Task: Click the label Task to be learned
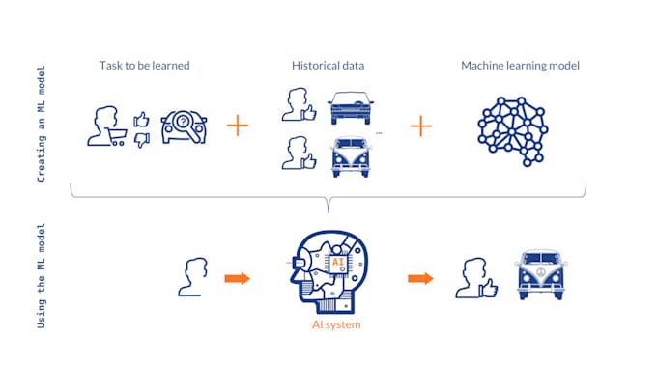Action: pos(144,66)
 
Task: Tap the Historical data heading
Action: pos(328,66)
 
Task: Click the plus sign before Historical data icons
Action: pos(237,126)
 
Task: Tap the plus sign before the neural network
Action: pos(420,126)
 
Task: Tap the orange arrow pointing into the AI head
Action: pos(237,279)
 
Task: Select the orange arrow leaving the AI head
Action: pos(420,279)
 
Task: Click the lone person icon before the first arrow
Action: pos(193,276)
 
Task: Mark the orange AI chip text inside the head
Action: pos(337,262)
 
